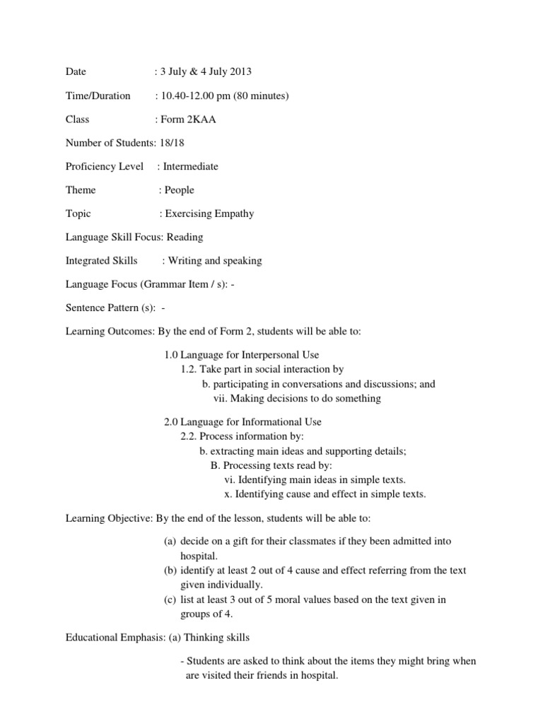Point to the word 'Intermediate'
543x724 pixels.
[x=190, y=166]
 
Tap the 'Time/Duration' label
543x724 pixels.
[x=98, y=95]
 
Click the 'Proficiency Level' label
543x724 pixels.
[x=104, y=166]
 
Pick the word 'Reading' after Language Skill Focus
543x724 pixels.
[x=185, y=237]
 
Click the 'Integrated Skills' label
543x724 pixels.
[x=101, y=261]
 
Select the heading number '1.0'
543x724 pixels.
[x=171, y=355]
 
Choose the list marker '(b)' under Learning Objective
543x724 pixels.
[x=170, y=571]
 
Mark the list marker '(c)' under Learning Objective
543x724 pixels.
[x=170, y=600]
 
